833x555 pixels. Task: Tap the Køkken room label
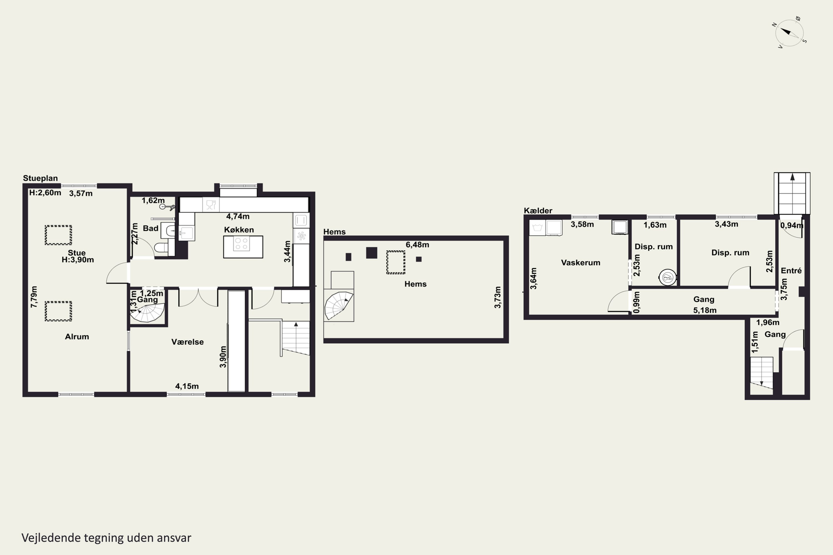point(239,230)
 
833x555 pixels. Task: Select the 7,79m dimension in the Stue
point(34,297)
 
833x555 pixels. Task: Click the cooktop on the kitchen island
point(242,244)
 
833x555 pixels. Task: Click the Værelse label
point(187,342)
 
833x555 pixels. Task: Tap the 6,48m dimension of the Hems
point(417,244)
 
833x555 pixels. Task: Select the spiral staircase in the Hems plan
point(338,306)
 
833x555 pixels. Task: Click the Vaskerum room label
point(581,263)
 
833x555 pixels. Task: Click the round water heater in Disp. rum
point(668,277)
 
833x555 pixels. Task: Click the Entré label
point(791,271)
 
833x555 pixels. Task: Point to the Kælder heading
point(538,211)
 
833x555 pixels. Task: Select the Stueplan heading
point(40,178)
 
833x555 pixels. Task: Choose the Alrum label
point(77,337)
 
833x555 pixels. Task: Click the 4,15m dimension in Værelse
point(187,386)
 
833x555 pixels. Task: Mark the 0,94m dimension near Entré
point(792,225)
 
